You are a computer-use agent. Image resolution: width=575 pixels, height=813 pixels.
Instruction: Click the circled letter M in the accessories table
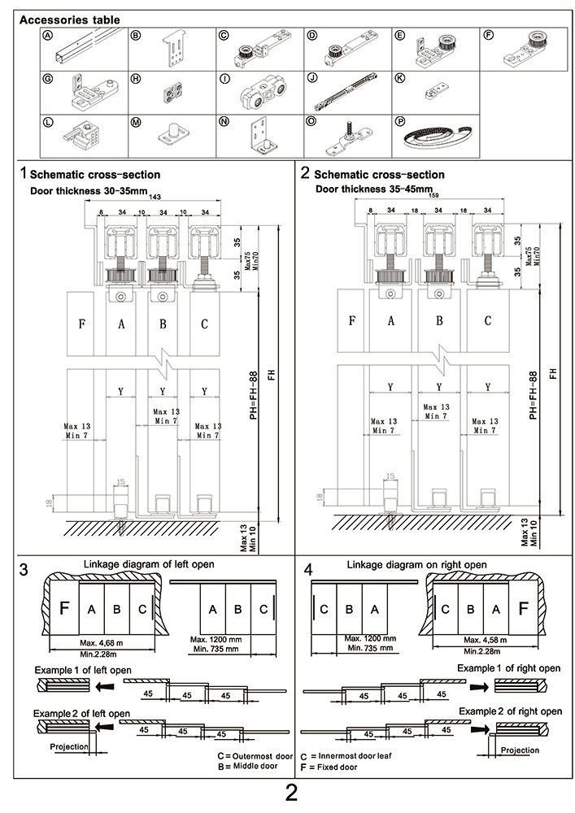pyautogui.click(x=136, y=121)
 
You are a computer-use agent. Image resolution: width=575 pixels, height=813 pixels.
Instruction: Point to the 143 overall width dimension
pyautogui.click(x=155, y=196)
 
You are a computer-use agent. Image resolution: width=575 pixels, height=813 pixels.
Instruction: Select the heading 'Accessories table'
pyautogui.click(x=69, y=19)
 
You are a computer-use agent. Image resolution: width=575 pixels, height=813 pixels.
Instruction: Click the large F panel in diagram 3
pyautogui.click(x=65, y=607)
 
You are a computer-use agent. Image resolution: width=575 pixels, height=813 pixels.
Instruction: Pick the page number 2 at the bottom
pyautogui.click(x=291, y=793)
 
